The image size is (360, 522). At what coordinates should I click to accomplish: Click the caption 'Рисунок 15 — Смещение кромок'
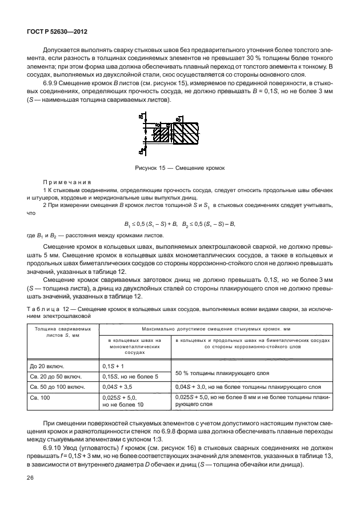coord(180,169)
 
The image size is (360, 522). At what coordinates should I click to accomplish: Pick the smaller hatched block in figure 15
coord(162,134)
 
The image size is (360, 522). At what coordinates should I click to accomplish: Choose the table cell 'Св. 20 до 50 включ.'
coord(54,376)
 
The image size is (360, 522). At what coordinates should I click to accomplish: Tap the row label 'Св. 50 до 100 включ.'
coord(55,387)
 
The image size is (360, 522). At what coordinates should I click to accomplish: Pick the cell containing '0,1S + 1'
coord(113,365)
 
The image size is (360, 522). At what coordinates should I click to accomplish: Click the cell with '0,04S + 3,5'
coord(118,387)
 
